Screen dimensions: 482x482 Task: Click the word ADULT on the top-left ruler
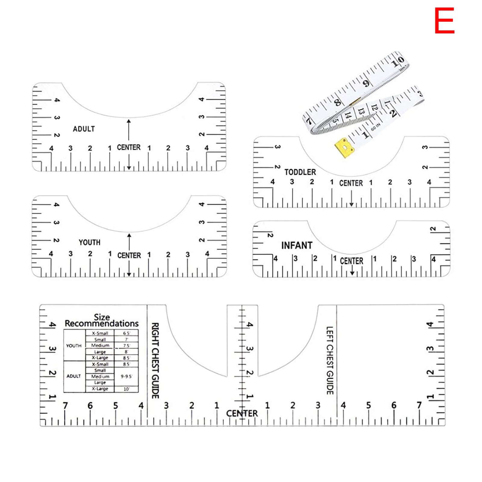84,129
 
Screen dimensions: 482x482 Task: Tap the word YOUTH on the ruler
89,242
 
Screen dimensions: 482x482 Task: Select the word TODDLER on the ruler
300,172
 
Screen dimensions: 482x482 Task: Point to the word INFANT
297,245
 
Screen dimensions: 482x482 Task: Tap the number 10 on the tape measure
397,61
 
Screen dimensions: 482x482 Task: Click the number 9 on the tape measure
366,83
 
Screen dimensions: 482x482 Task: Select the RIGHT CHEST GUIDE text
155,360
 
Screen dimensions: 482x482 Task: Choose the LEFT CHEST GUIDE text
330,360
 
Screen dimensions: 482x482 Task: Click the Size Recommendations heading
102,320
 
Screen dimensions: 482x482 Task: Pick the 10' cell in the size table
126,389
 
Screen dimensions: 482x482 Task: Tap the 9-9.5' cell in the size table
126,376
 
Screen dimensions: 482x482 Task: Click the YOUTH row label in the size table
74,346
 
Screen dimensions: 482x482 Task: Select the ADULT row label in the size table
74,376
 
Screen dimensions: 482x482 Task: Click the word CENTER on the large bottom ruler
242,413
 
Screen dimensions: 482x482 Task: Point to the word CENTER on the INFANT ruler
351,261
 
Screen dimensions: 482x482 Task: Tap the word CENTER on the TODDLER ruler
351,183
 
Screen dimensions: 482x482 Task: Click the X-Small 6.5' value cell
126,333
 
